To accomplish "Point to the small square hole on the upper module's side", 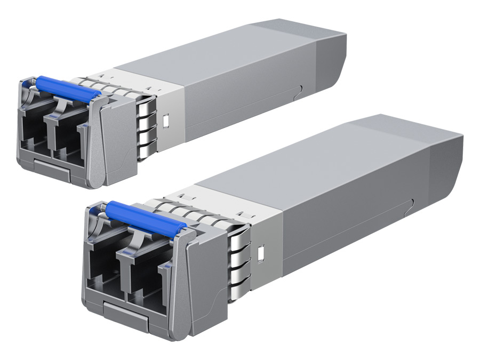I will coord(165,121).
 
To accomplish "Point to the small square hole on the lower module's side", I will coord(261,253).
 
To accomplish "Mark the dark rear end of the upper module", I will coord(331,59).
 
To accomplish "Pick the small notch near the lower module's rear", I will coord(412,203).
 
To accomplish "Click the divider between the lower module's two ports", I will coord(118,277).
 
